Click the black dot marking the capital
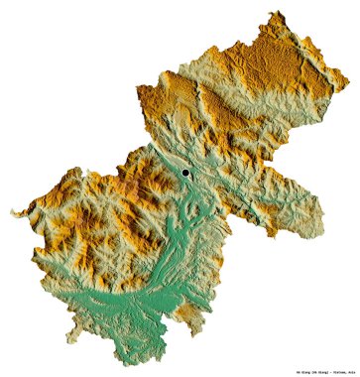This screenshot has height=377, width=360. click(184, 173)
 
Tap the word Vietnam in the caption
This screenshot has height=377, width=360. click(318, 367)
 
